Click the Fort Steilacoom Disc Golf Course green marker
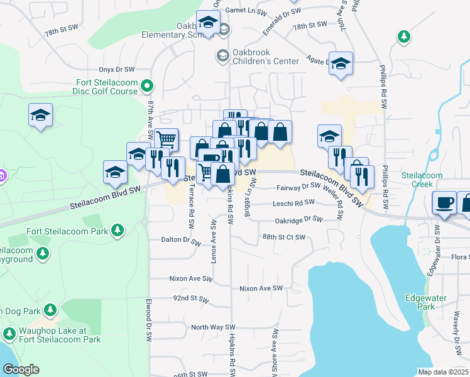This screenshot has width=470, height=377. tap(146, 85)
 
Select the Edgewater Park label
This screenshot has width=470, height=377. tap(420, 303)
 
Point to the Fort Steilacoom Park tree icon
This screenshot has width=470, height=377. tap(117, 231)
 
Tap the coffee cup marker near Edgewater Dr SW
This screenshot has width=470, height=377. tap(445, 203)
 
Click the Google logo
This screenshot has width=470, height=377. tap(21, 369)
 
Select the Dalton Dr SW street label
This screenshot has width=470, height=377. tap(167, 239)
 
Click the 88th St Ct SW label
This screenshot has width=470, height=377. tap(284, 237)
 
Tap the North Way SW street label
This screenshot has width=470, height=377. tap(212, 327)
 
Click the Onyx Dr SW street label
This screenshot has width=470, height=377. tap(116, 70)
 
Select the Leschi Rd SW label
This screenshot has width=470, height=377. tap(293, 203)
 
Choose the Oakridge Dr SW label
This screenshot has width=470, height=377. tap(298, 220)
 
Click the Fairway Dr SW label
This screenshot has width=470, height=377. tap(298, 187)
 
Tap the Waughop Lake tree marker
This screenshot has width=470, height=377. tap(9, 333)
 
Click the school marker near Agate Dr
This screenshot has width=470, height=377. tap(341, 63)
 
